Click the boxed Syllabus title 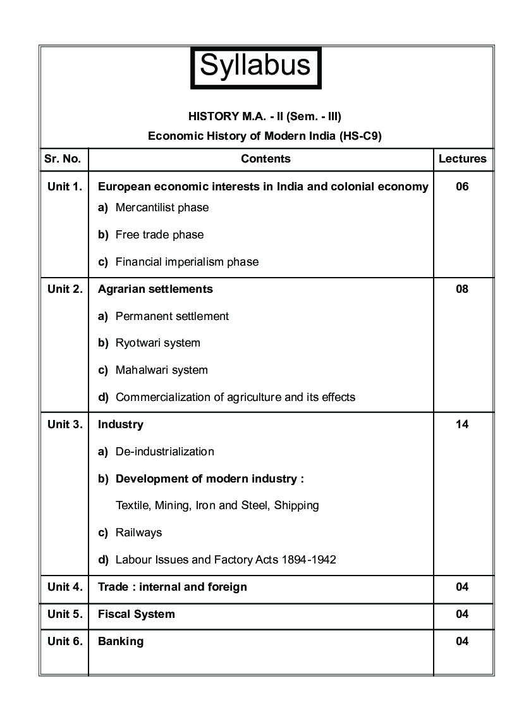tap(255, 66)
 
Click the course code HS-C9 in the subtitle tap(360, 135)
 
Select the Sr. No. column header tap(63, 159)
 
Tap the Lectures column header tap(463, 159)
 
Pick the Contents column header tap(265, 159)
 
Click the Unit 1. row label tap(64, 187)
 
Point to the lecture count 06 tap(462, 187)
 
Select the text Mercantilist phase tap(162, 207)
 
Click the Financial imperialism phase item tap(186, 262)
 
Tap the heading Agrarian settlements tap(156, 289)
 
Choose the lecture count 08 tap(462, 289)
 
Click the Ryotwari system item tap(157, 343)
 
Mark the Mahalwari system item tap(161, 370)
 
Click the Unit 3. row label tap(64, 424)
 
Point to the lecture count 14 tap(462, 424)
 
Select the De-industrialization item tap(164, 452)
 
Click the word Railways tap(138, 533)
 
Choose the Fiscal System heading tap(137, 614)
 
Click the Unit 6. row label tap(64, 641)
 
